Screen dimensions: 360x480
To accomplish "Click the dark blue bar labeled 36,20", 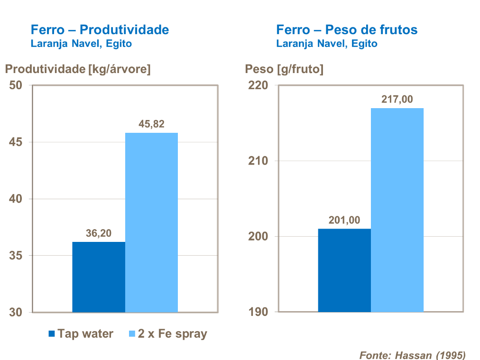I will tap(99, 277).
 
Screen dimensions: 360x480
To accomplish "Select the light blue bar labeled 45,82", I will tap(151, 222).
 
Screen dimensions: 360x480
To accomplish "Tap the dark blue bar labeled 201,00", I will tap(344, 270).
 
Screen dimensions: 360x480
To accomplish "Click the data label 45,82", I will tap(151, 124).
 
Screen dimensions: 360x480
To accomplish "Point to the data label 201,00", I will tap(344, 220).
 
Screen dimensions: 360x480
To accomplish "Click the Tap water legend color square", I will tap(52, 334).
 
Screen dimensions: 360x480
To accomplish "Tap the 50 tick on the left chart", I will tap(17, 85).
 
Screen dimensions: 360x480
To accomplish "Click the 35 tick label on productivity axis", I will tap(17, 256).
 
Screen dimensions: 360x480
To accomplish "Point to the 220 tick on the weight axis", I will tap(258, 85).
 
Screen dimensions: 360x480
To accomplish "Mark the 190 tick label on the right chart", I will tap(258, 312).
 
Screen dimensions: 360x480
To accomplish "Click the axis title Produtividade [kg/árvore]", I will tap(78, 69).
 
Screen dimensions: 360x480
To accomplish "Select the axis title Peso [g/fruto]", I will tap(284, 69).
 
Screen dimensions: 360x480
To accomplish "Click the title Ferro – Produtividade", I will tap(100, 30).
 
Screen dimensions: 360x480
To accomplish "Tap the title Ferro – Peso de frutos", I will tap(347, 30).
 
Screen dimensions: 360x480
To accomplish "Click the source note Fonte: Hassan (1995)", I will tap(412, 355).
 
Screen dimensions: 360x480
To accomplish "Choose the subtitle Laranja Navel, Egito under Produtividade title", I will tap(81, 44).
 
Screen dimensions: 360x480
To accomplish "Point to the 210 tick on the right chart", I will tap(258, 161).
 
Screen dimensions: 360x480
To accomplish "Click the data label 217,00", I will tap(397, 100).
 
